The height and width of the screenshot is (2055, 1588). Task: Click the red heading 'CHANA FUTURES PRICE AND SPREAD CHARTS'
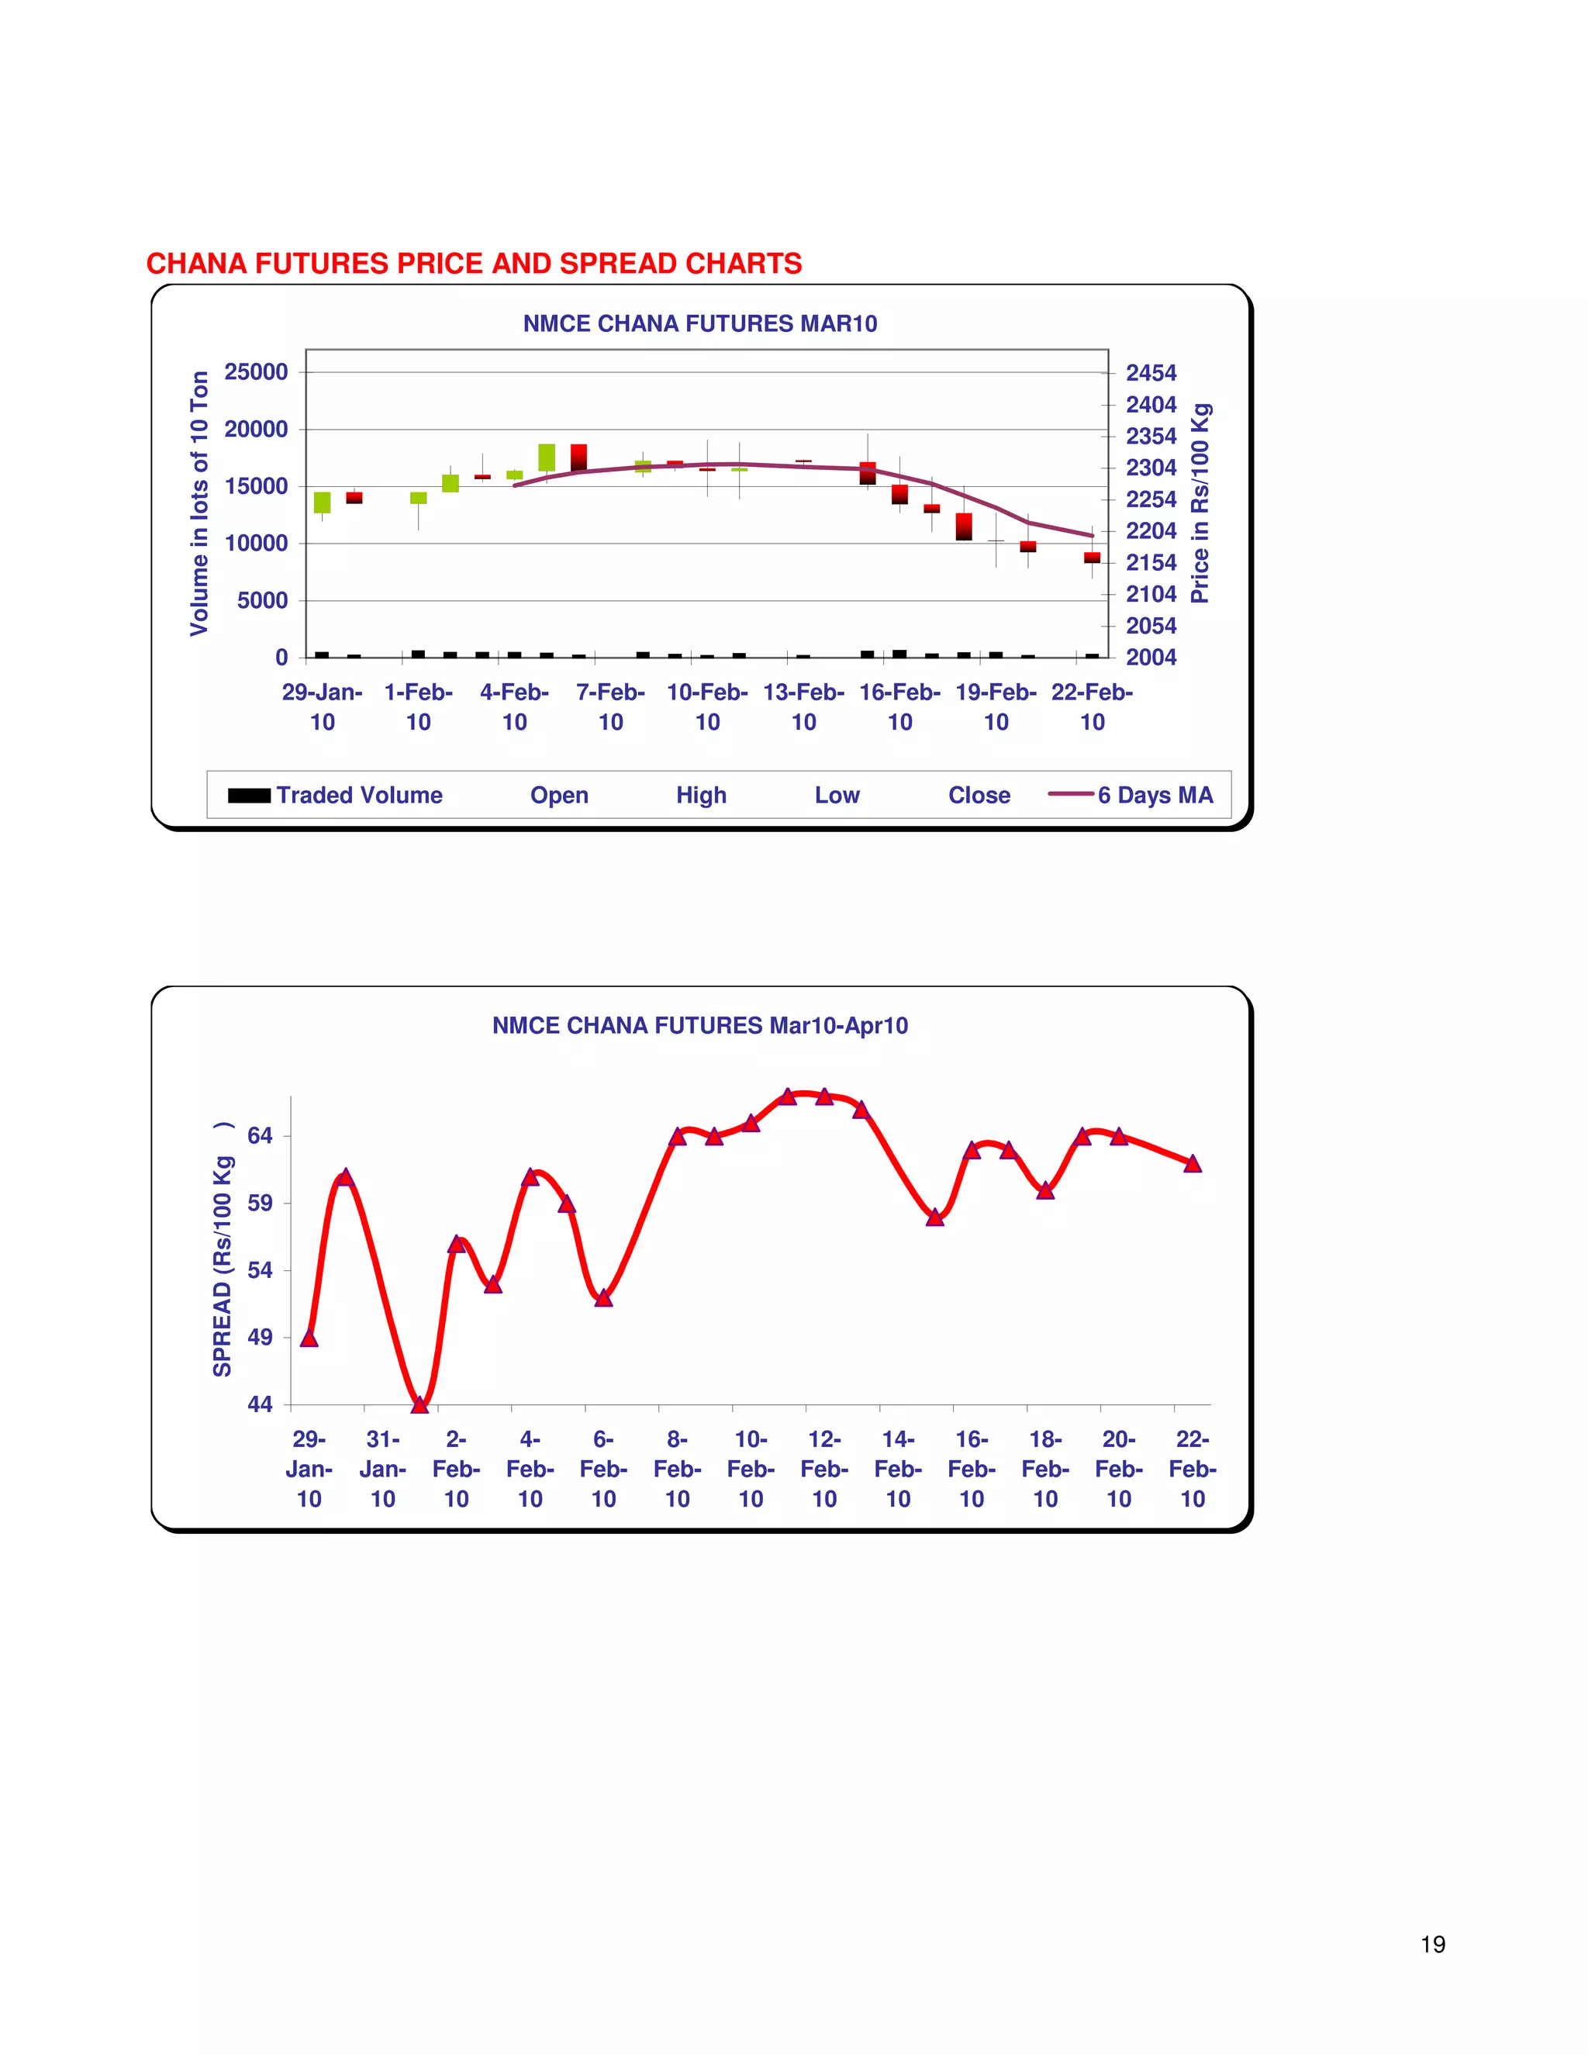click(474, 264)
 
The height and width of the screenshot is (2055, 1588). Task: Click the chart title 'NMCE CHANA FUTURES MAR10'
click(700, 323)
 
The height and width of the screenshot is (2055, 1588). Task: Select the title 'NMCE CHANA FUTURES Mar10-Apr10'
click(700, 1026)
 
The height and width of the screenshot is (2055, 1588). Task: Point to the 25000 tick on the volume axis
click(256, 372)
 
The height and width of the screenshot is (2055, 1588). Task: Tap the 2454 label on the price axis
click(1151, 374)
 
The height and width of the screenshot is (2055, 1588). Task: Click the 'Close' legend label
click(979, 795)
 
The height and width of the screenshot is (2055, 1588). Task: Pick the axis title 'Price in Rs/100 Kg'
click(1200, 503)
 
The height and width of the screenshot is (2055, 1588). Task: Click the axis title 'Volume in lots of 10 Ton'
click(199, 503)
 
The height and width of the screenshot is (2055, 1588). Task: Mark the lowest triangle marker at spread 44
click(419, 1404)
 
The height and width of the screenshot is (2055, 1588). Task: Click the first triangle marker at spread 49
click(309, 1337)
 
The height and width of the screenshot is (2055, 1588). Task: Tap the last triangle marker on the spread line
click(1192, 1163)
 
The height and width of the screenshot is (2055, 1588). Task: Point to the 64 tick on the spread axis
click(260, 1136)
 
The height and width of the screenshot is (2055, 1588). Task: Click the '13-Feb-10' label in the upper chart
click(803, 706)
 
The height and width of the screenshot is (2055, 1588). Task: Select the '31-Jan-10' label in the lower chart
click(383, 1469)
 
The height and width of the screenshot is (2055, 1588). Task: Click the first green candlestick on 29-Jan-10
click(322, 503)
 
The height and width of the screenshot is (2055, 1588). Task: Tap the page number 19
click(1433, 1944)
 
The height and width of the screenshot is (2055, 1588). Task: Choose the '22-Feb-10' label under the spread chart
click(1192, 1469)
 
